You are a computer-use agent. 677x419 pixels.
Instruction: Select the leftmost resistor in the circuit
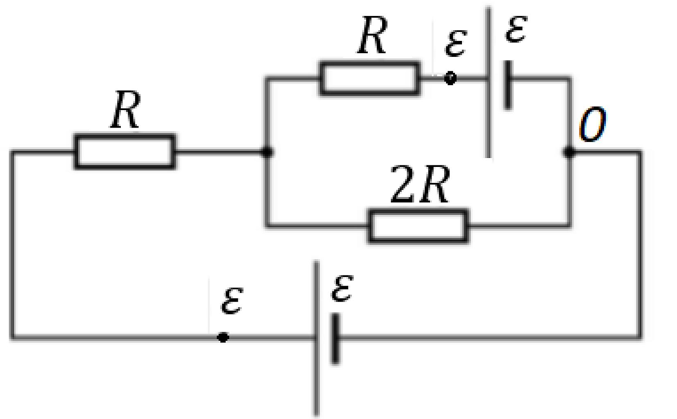click(125, 151)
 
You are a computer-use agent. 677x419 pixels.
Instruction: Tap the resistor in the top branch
click(370, 79)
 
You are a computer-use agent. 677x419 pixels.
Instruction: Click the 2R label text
click(420, 184)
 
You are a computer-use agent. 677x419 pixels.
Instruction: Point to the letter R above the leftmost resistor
click(125, 109)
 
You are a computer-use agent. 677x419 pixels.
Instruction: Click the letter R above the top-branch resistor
click(372, 35)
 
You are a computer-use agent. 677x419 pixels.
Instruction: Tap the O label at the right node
click(593, 124)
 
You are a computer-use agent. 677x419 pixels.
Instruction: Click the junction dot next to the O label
click(570, 152)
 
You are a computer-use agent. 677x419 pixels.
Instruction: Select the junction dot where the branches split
click(267, 151)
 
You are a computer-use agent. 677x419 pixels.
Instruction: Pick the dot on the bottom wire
click(223, 337)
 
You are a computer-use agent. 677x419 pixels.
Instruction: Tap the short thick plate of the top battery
click(508, 85)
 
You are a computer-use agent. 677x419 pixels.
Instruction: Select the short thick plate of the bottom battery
click(335, 338)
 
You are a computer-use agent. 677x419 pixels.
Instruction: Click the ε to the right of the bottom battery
click(342, 288)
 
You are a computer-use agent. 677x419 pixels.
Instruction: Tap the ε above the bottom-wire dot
click(232, 301)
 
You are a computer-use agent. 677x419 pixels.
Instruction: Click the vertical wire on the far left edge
click(13, 245)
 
